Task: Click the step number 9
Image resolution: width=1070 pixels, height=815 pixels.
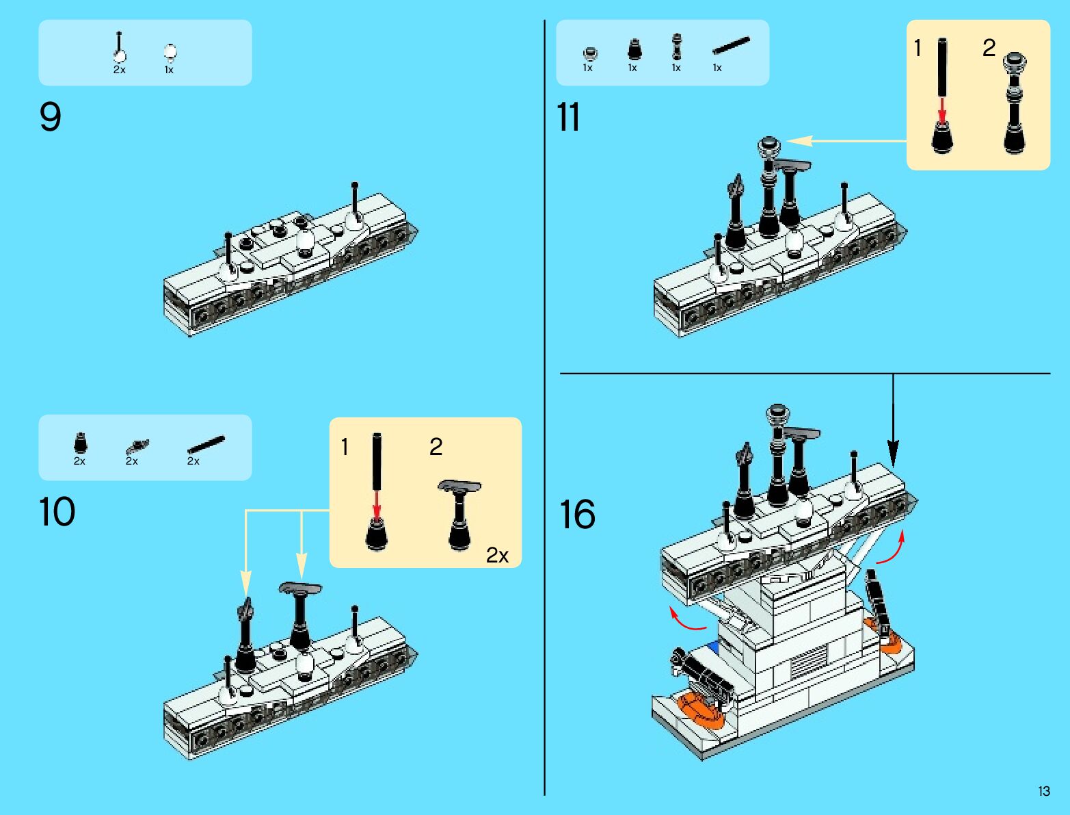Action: (50, 117)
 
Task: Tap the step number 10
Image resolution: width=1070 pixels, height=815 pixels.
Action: (57, 512)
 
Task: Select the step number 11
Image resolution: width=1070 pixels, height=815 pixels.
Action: (568, 117)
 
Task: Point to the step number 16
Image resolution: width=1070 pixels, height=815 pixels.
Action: (577, 515)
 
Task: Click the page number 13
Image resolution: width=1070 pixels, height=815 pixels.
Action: (1043, 792)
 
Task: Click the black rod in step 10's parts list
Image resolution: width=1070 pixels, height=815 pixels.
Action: (206, 445)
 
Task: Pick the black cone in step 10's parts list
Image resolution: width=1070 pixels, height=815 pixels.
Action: (81, 443)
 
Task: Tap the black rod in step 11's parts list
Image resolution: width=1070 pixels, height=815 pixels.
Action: (730, 46)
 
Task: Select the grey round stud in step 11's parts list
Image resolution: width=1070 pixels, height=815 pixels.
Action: (589, 53)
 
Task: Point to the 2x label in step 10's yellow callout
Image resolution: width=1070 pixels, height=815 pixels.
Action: (497, 556)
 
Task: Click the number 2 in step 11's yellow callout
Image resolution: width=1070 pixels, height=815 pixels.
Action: (989, 48)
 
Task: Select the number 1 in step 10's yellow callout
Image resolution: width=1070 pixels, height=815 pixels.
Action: (345, 448)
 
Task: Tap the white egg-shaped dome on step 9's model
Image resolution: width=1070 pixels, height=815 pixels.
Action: (306, 242)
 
